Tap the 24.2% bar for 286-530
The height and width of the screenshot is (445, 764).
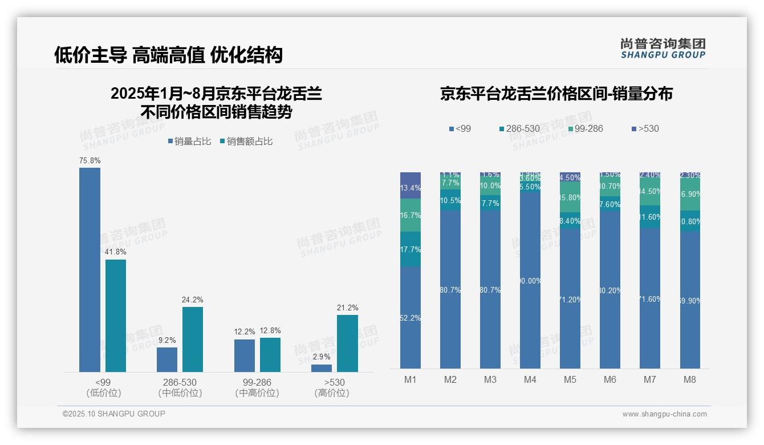pos(193,339)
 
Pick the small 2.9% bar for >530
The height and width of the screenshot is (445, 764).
pos(322,368)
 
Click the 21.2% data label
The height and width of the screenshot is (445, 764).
pos(347,308)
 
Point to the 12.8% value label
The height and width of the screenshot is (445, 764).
pos(270,331)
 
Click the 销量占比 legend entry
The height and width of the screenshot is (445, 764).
pos(189,141)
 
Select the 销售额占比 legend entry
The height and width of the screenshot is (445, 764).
pos(246,141)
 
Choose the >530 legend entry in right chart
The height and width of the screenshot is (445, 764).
pos(645,129)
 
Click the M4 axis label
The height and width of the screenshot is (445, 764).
pos(530,379)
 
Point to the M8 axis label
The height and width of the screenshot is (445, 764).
pos(690,379)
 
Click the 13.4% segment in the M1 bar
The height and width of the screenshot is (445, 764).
pos(411,187)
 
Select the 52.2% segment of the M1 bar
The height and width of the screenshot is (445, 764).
pos(411,318)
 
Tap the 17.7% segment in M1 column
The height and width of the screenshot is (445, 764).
pos(411,249)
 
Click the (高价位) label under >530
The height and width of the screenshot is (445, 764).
pos(331,393)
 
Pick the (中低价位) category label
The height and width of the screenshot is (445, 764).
pos(180,393)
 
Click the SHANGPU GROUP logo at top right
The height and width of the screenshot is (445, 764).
pos(663,48)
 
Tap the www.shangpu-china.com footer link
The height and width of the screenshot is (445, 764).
pos(664,414)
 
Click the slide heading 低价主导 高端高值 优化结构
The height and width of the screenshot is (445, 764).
pos(168,55)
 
